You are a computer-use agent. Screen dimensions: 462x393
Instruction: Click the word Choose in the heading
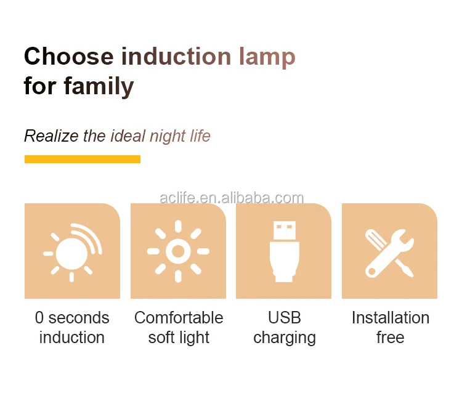(68, 56)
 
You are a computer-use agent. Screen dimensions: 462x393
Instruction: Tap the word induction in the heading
(176, 56)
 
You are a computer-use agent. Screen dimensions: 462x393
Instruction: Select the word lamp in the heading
(267, 58)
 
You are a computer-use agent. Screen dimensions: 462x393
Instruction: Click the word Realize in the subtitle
(51, 136)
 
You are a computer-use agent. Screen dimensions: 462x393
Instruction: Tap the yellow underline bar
(83, 159)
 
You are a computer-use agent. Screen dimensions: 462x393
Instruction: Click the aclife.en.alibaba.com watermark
(232, 198)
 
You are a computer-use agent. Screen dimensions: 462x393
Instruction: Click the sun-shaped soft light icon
(178, 251)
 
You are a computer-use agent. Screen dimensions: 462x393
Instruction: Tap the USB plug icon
(284, 251)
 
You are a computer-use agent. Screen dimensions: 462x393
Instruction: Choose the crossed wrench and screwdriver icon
(389, 253)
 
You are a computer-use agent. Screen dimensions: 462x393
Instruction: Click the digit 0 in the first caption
(39, 318)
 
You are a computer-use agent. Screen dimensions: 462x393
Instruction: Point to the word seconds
(79, 318)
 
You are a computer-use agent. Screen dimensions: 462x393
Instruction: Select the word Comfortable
(179, 318)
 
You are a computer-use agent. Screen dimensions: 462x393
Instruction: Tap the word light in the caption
(194, 338)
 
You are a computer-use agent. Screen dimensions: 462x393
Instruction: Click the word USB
(285, 318)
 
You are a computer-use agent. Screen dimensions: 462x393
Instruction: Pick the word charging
(285, 338)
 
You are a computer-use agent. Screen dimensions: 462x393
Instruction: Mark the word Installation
(391, 318)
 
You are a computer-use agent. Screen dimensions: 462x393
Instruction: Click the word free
(391, 338)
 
